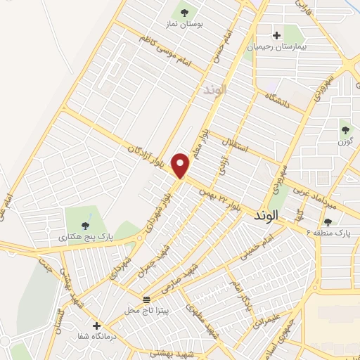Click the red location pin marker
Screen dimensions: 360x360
click(181, 165)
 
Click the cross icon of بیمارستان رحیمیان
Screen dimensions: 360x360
click(276, 34)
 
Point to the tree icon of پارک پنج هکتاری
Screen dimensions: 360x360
click(85, 226)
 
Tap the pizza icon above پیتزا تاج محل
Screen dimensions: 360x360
click(146, 298)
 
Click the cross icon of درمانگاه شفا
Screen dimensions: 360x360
click(96, 326)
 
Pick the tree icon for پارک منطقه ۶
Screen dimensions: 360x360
click(328, 221)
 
